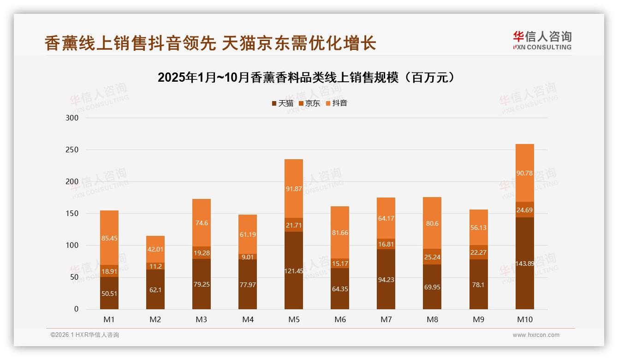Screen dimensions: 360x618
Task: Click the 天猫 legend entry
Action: [x=283, y=103]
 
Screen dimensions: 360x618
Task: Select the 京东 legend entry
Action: [x=309, y=103]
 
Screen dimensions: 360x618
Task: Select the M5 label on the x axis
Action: [x=294, y=319]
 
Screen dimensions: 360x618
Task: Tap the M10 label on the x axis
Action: [x=524, y=319]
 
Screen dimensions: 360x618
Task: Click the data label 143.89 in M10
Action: [x=525, y=264]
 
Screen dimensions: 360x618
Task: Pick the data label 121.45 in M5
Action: [x=294, y=271]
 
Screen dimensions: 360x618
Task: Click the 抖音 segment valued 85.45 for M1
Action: [x=109, y=238]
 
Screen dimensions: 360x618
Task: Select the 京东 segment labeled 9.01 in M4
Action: [x=248, y=257]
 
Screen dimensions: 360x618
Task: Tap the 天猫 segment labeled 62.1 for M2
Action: [x=155, y=289]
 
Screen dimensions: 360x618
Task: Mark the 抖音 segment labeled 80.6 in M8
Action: [x=432, y=223]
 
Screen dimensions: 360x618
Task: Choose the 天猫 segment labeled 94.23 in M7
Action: [x=386, y=279]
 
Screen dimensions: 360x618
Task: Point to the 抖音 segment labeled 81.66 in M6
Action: [x=340, y=233]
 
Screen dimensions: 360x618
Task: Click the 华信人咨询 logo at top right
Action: [x=542, y=40]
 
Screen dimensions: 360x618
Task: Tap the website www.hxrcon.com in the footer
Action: [x=536, y=335]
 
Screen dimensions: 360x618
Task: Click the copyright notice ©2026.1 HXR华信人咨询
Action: [x=84, y=335]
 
